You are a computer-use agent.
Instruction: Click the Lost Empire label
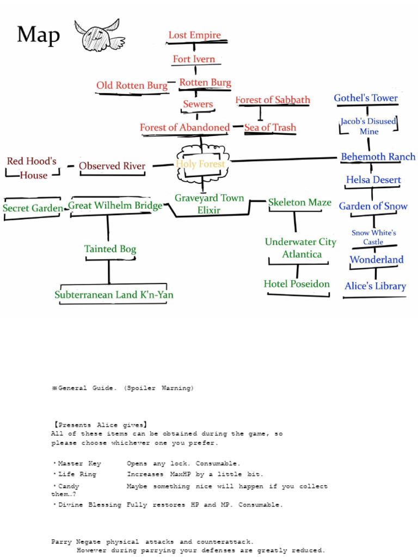pyautogui.click(x=194, y=35)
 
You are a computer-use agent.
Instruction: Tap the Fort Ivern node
pyautogui.click(x=194, y=59)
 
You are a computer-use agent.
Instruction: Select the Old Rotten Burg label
pyautogui.click(x=132, y=85)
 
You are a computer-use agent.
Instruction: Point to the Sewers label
pyautogui.click(x=198, y=104)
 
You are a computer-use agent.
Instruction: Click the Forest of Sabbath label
pyautogui.click(x=273, y=100)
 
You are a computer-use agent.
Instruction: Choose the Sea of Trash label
pyautogui.click(x=270, y=127)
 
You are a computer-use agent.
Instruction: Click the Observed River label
pyautogui.click(x=112, y=166)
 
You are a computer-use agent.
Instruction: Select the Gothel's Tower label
pyautogui.click(x=366, y=98)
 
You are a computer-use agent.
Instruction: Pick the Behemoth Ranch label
pyautogui.click(x=378, y=157)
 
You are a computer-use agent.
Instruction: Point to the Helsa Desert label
pyautogui.click(x=373, y=180)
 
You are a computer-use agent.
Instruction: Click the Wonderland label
pyautogui.click(x=376, y=259)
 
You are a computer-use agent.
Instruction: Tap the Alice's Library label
pyautogui.click(x=375, y=286)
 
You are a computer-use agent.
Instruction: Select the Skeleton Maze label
pyautogui.click(x=299, y=202)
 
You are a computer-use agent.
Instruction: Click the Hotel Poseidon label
pyautogui.click(x=297, y=284)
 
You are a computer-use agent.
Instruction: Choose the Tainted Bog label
pyautogui.click(x=110, y=249)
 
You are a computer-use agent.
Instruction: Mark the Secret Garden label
pyautogui.click(x=32, y=208)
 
